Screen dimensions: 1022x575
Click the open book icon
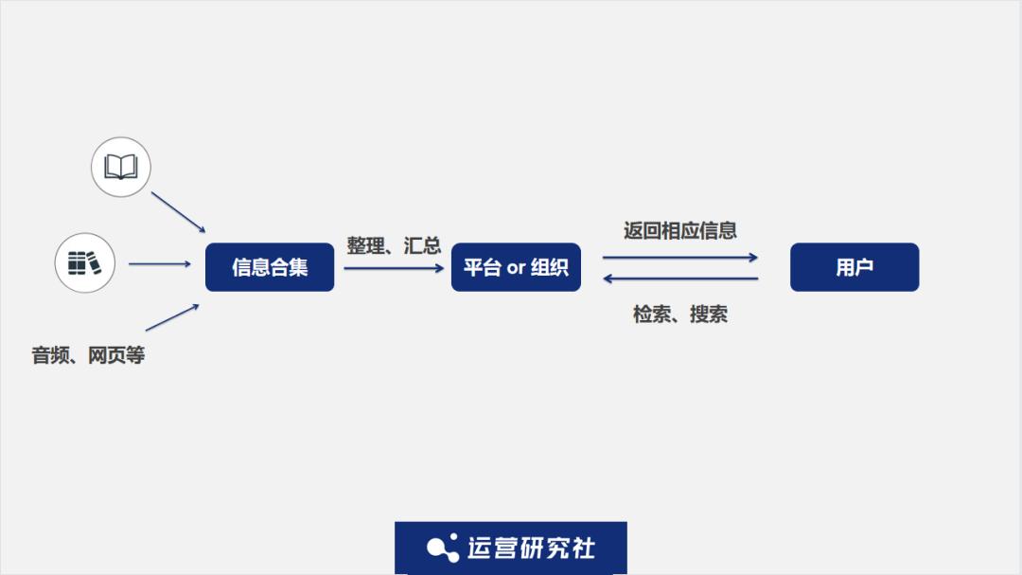pos(120,167)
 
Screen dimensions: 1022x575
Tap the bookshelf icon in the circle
pos(85,263)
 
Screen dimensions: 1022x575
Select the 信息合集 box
pos(270,267)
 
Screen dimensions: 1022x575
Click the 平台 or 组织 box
pos(516,267)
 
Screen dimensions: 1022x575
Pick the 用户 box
pos(855,267)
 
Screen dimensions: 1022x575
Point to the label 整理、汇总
pos(394,245)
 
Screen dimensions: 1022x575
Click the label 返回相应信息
pos(679,230)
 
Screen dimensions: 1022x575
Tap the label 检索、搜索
pos(679,314)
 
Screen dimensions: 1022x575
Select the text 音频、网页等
pos(88,355)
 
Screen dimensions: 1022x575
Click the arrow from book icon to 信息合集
pos(179,212)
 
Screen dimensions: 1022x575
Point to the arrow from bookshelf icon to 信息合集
pos(160,263)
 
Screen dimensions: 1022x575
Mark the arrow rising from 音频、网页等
pos(172,317)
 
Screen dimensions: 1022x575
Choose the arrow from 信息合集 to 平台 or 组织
pos(394,268)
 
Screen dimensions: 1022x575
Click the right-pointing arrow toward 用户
pos(679,257)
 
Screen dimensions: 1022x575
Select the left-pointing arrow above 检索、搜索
pos(679,279)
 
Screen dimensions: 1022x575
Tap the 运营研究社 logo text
pos(531,548)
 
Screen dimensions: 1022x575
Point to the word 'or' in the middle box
pos(516,267)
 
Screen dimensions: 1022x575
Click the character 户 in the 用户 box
pos(864,267)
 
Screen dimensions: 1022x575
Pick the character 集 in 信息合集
pos(298,267)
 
